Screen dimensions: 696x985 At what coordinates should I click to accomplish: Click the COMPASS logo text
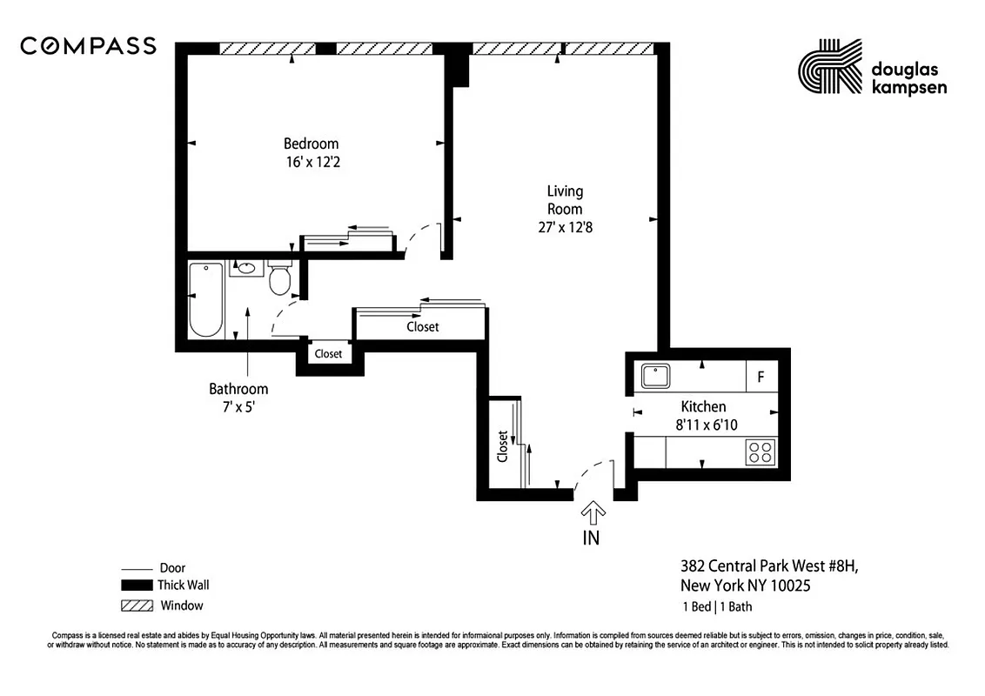(88, 46)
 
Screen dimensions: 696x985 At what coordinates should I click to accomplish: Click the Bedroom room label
(311, 144)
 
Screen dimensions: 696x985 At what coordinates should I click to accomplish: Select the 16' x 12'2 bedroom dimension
(311, 161)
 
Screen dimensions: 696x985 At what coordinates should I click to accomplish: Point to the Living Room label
(565, 200)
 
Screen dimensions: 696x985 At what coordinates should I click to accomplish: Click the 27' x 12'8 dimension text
(565, 227)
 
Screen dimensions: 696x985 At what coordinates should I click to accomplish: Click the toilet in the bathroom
(279, 279)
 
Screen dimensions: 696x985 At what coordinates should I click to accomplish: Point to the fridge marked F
(761, 378)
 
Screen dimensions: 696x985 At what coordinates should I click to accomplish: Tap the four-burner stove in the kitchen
(761, 452)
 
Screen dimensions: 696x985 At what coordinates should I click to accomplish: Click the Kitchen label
(702, 406)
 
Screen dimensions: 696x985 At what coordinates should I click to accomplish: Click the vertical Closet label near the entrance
(502, 445)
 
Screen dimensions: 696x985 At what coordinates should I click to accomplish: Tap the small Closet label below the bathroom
(328, 354)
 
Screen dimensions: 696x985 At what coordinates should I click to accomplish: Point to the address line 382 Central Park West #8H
(768, 566)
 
